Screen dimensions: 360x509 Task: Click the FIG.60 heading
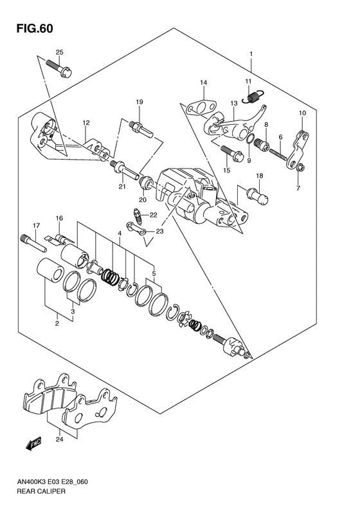[x=35, y=28]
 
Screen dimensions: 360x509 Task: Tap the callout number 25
[x=59, y=52]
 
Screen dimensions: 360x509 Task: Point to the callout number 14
[x=203, y=83]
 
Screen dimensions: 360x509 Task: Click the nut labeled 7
[x=300, y=167]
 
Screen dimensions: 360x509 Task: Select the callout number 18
[x=259, y=176]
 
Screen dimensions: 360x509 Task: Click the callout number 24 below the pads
[x=60, y=440]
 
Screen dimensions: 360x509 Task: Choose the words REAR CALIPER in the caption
[x=41, y=491]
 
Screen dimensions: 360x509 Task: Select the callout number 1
[x=251, y=54]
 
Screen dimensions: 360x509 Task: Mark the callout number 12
[x=86, y=123]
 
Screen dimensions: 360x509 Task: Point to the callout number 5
[x=154, y=273]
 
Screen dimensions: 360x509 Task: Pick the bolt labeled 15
[x=232, y=153]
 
